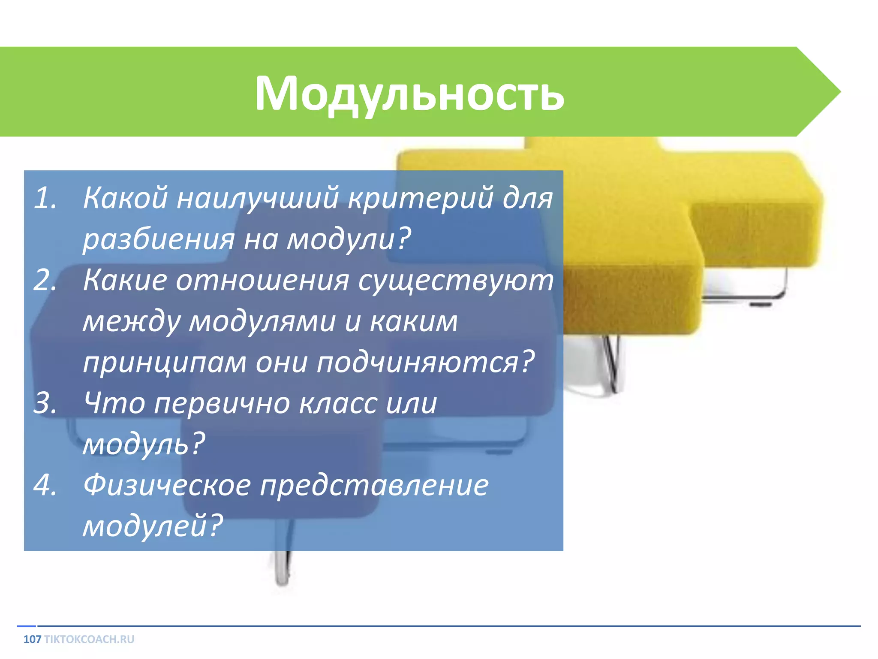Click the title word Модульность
[409, 94]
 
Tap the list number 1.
[45, 199]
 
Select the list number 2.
[45, 281]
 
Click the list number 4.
[45, 486]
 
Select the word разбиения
[159, 239]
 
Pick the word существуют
[455, 281]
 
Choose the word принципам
[165, 363]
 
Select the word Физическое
[167, 486]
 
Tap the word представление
[374, 486]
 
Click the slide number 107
[32, 639]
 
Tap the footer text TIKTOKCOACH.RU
[89, 639]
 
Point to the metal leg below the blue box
[282, 568]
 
